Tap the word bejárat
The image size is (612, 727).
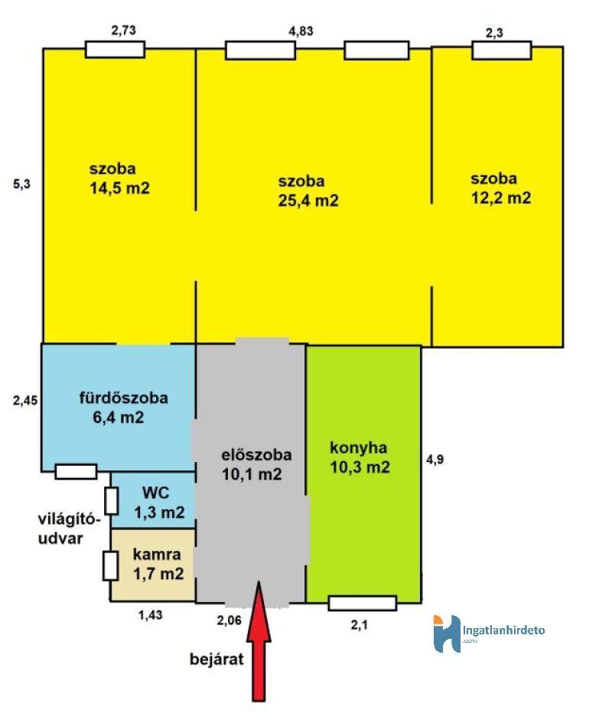pos(216,659)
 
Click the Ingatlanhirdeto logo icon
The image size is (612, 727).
pos(447,634)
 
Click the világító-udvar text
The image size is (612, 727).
pos(69,529)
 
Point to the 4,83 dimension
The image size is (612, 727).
pos(301,31)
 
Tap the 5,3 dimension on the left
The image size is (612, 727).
pos(21,184)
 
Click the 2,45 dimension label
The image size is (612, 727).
pos(25,400)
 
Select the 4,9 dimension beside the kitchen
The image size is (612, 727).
pos(435,460)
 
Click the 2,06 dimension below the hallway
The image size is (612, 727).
pos(229,620)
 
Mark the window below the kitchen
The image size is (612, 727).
pos(363,603)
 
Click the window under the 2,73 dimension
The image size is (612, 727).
pos(115,49)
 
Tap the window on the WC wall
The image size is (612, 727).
pos(111,501)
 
